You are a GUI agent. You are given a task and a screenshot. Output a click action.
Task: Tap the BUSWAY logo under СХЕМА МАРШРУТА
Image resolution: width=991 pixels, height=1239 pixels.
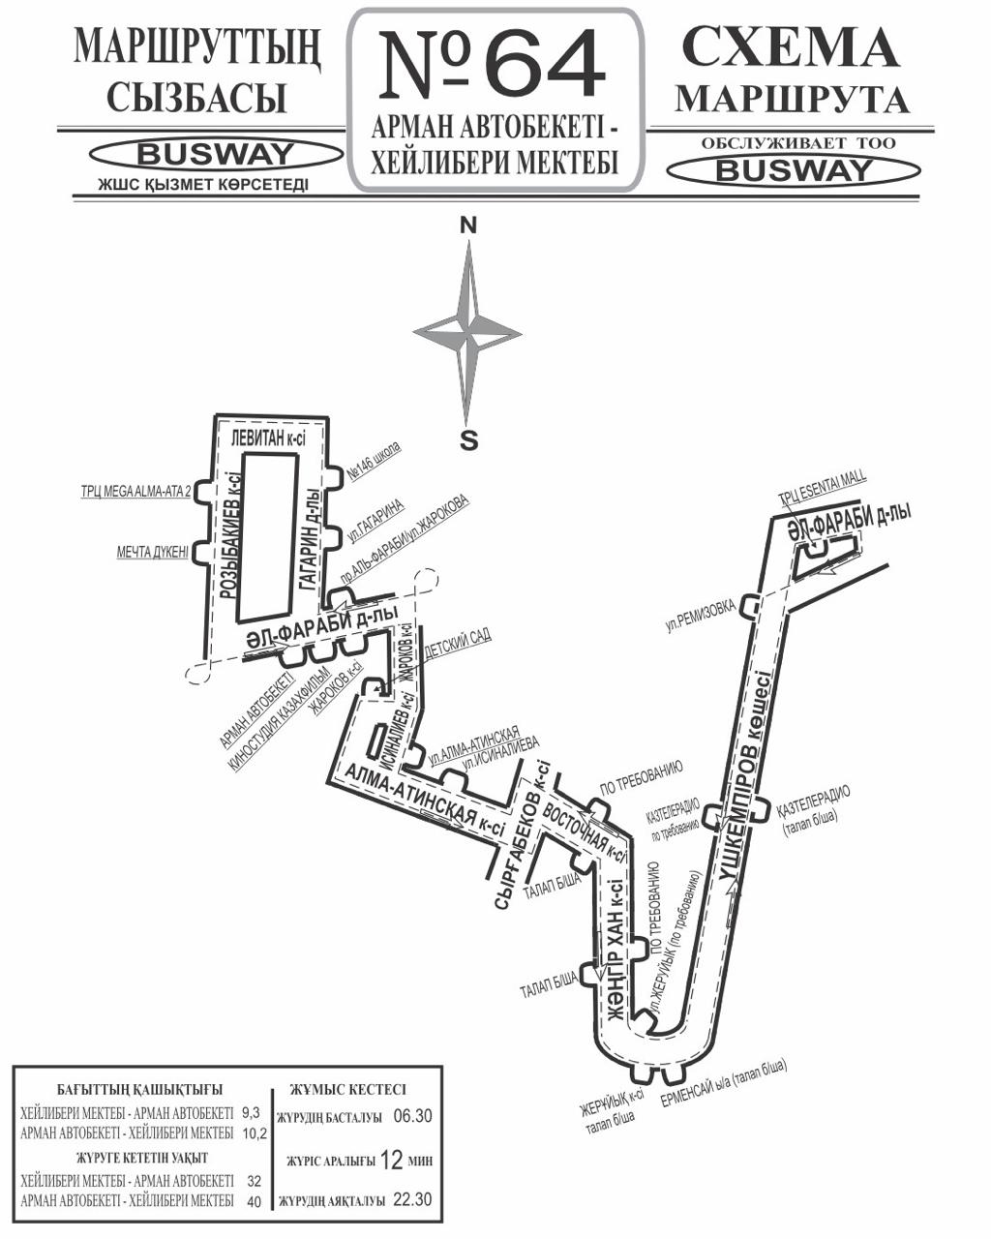[x=794, y=170]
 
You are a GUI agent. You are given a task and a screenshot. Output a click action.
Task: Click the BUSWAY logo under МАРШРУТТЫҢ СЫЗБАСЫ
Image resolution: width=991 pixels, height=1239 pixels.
[x=215, y=153]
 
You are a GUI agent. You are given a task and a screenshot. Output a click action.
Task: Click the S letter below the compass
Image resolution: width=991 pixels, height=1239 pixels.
[x=468, y=440]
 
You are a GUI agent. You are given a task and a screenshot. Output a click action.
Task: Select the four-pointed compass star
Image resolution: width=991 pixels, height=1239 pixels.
[x=468, y=334]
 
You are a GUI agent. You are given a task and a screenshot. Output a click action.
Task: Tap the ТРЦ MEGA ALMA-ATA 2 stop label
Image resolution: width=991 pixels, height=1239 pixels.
[x=136, y=491]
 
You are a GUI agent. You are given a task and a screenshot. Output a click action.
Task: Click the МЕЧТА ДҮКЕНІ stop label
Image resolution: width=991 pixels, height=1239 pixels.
[x=153, y=553]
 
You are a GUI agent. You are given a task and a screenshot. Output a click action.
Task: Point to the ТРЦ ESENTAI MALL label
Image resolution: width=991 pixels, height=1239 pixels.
[x=824, y=490]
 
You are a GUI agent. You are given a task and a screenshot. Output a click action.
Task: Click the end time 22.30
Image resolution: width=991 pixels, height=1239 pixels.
[x=411, y=1200]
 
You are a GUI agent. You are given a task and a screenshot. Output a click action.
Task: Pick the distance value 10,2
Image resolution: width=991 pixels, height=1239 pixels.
[x=255, y=1133]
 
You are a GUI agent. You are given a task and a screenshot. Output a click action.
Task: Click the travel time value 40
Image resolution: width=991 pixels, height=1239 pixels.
[x=255, y=1200]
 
